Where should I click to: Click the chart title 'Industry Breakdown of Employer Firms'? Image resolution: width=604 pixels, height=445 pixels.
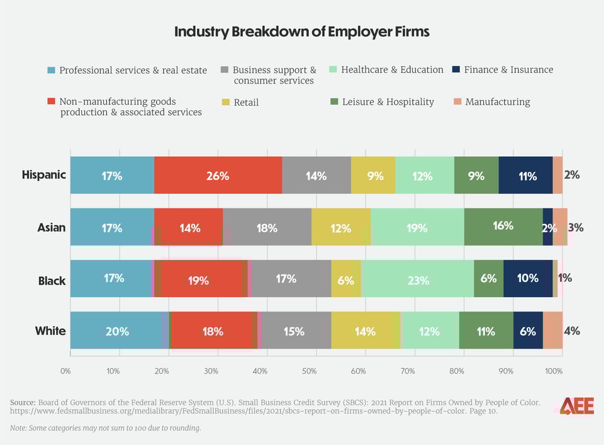tap(302, 32)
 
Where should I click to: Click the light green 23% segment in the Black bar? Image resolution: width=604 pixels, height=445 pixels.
tap(418, 279)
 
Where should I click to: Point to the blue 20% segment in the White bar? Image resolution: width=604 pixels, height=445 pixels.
tap(117, 330)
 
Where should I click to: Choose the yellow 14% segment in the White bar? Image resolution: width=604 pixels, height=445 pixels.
tap(365, 330)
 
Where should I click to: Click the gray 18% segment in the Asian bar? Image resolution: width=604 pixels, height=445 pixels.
tap(267, 227)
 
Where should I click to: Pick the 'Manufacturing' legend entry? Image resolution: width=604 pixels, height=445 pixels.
tap(491, 102)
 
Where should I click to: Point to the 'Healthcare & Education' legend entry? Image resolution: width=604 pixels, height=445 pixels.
tap(386, 70)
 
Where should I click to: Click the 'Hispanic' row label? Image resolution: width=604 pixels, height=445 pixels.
tap(43, 175)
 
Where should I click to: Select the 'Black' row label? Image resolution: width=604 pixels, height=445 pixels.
tap(52, 281)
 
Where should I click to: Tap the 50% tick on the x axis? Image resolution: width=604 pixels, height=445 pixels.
tap(309, 371)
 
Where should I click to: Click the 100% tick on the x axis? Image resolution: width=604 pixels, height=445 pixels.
tap(554, 371)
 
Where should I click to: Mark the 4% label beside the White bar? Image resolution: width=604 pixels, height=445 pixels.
tap(572, 330)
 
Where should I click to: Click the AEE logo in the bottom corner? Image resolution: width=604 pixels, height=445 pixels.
tap(576, 406)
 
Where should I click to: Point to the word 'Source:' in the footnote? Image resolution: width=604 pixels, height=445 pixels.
tap(23, 402)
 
